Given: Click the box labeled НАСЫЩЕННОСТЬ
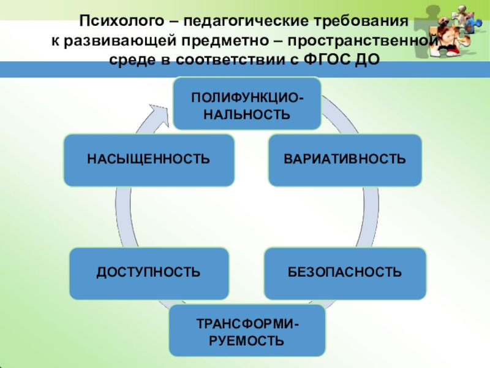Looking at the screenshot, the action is pos(149,160).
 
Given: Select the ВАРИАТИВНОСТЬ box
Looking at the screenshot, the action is pos(344,160).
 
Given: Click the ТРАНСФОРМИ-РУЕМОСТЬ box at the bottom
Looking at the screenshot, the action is pos(247,331).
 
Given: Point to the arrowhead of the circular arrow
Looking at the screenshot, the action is pos(160,113).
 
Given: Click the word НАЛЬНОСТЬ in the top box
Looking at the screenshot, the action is pos(246,114).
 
